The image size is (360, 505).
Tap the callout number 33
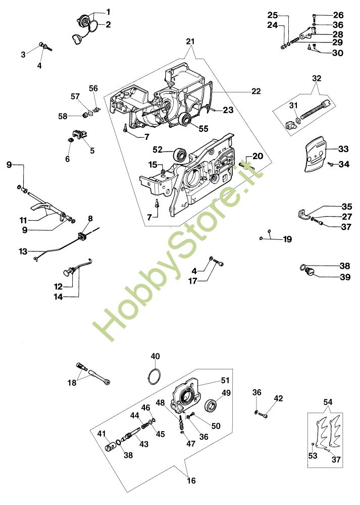(343, 149)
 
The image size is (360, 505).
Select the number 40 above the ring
(155, 357)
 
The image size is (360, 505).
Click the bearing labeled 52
(180, 154)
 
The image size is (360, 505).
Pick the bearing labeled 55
(186, 120)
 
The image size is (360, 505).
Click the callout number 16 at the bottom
(190, 480)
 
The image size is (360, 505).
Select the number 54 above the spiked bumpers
(328, 401)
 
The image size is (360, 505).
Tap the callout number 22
(256, 91)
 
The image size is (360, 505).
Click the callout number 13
(23, 251)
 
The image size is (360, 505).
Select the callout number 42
(278, 398)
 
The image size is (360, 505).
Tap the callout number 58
(62, 116)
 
